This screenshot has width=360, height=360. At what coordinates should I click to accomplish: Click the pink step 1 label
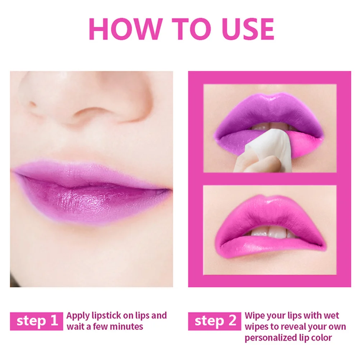(35, 321)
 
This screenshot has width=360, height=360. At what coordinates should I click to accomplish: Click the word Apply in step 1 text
(75, 316)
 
